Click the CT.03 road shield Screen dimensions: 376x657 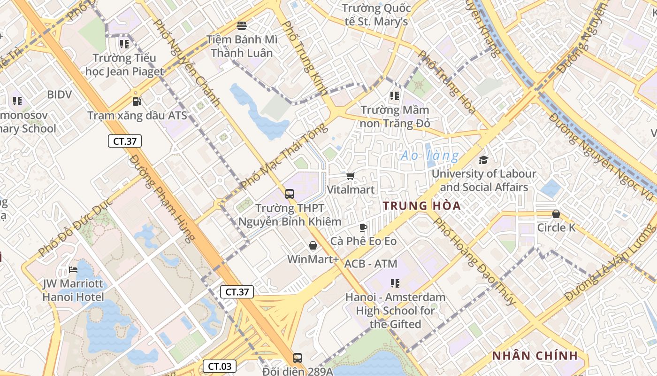(x=220, y=366)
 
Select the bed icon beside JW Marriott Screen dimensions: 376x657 (x=73, y=270)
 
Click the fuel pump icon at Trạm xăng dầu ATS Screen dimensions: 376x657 (x=137, y=101)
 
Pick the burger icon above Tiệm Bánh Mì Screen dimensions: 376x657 (x=242, y=25)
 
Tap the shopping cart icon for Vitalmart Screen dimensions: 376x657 (x=350, y=176)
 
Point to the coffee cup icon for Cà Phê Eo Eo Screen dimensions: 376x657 (x=363, y=227)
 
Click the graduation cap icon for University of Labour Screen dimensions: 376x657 (x=483, y=160)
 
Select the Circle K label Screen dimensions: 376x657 (x=556, y=228)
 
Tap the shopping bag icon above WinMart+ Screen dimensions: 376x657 (x=313, y=245)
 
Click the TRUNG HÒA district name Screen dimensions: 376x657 (x=421, y=206)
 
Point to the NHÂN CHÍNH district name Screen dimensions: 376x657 (x=535, y=356)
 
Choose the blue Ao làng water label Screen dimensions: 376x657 (x=429, y=156)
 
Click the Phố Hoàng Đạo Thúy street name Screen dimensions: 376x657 (x=474, y=261)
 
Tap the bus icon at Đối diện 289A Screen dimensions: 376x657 (x=297, y=358)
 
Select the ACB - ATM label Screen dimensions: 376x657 (x=371, y=264)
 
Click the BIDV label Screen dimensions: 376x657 (x=60, y=94)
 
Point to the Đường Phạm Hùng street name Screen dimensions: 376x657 (x=162, y=198)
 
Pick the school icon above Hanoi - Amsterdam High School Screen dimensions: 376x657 (x=395, y=283)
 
